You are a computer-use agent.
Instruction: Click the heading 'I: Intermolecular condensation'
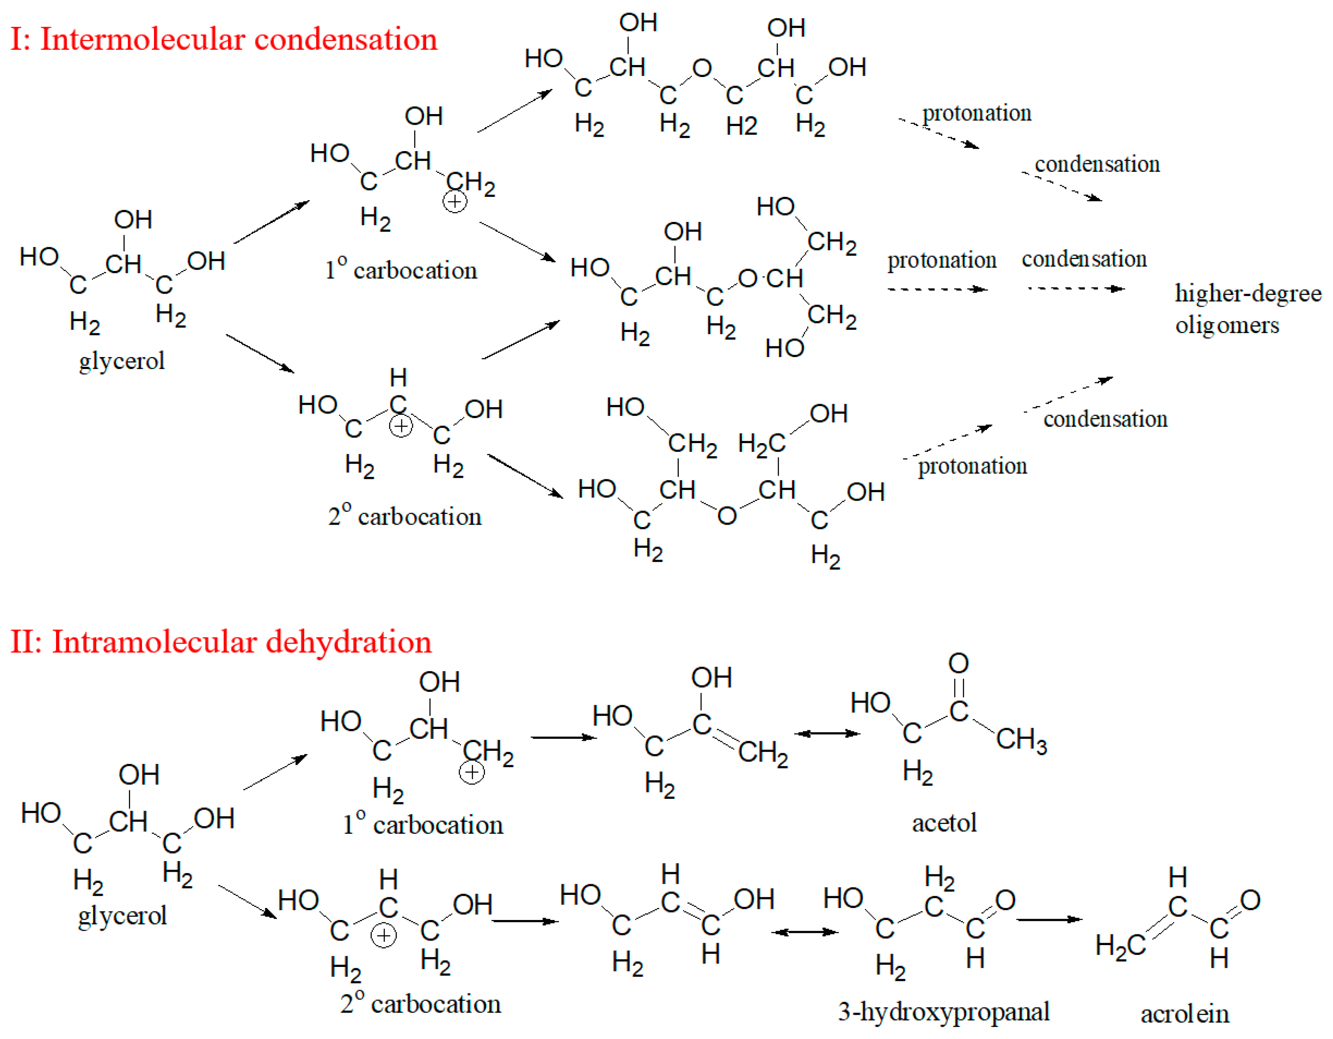click(x=224, y=39)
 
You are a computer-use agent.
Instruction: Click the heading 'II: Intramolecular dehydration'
click(x=221, y=642)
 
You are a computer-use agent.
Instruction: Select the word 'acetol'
click(x=944, y=823)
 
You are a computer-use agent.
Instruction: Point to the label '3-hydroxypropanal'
click(x=943, y=1011)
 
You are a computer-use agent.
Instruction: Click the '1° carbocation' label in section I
click(x=401, y=270)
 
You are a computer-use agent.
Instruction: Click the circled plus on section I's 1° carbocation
click(x=454, y=201)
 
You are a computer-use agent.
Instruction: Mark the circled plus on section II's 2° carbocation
click(x=383, y=935)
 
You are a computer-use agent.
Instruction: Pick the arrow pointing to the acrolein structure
click(x=1049, y=919)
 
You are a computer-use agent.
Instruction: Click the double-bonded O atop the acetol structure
click(x=958, y=663)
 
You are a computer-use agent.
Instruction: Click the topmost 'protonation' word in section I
click(x=976, y=113)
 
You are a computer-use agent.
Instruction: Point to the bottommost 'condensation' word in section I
click(x=1105, y=419)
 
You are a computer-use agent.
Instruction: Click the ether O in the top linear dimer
click(x=702, y=68)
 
